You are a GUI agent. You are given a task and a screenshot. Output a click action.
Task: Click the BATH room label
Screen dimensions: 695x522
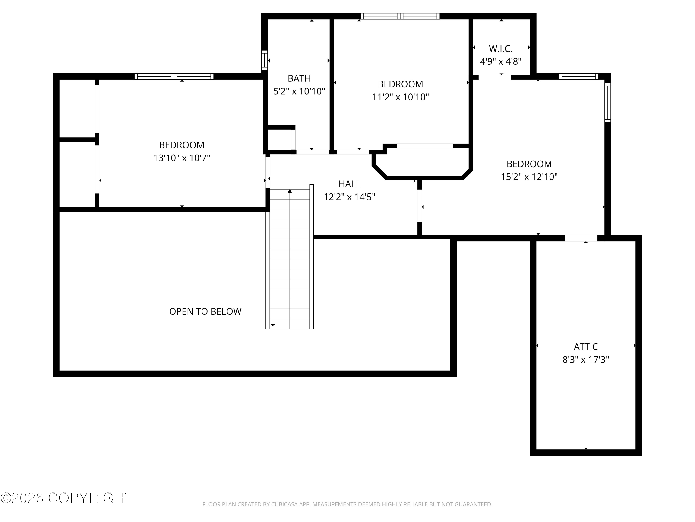coord(299,78)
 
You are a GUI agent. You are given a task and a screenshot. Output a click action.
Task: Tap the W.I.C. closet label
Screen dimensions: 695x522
coord(500,49)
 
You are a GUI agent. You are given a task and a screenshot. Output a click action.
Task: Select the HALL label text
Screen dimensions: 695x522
coord(349,184)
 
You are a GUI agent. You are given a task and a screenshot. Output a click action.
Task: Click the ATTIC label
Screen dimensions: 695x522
coord(586,347)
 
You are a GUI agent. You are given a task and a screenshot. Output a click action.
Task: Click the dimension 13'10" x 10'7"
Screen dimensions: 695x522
coord(182,158)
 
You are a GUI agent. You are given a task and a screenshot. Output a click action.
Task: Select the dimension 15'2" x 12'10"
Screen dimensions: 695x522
coord(529,177)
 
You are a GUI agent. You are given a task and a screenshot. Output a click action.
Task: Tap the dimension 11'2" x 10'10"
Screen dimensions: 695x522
coord(400,97)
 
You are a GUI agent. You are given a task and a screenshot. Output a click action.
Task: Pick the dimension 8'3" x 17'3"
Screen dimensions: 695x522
coord(586,359)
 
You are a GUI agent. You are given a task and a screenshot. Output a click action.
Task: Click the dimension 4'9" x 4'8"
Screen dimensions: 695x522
coord(500,61)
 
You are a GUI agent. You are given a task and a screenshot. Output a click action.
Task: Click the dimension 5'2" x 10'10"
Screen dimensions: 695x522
coord(299,91)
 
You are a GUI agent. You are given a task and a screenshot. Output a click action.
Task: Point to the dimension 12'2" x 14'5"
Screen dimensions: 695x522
coord(349,197)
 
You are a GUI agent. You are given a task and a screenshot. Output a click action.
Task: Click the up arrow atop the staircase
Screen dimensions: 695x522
coord(290,191)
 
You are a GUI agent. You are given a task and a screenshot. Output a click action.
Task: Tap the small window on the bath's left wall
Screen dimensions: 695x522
coord(265,60)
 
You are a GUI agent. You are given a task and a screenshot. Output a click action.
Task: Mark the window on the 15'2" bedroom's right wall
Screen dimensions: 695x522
coord(608,103)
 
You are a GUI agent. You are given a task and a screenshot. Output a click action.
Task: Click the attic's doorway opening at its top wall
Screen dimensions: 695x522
coord(581,238)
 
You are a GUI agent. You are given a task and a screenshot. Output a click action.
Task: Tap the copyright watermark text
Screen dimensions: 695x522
coord(67,498)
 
